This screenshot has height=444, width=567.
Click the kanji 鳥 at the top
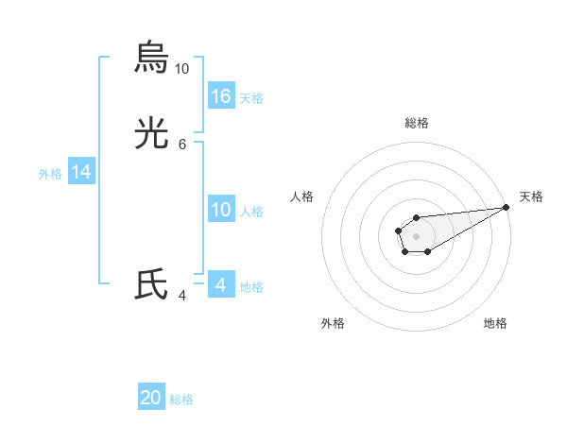pos(151,57)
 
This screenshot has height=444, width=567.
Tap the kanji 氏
pos(151,285)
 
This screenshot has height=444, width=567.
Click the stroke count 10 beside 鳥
pos(181,69)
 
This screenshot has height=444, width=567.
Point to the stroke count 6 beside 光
pos(182,145)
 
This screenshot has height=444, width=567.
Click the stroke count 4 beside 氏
pos(182,296)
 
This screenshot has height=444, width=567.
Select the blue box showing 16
pos(221,95)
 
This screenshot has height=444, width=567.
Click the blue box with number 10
pos(221,210)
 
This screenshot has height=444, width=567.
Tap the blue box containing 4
pos(221,285)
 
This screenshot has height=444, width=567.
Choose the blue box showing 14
pos(81,172)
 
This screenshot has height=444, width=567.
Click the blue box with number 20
pos(151,398)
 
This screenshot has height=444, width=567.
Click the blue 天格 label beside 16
pos(251,97)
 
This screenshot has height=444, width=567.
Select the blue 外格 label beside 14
pos(50,174)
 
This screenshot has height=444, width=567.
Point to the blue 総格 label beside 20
pos(181,400)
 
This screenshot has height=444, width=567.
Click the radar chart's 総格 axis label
pos(417,123)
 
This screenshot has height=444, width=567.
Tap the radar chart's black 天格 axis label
pos(532,196)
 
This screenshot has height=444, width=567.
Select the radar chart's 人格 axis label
pos(301,196)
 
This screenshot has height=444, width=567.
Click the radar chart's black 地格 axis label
pos(495,323)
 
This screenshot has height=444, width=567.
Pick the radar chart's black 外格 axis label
pos(333,323)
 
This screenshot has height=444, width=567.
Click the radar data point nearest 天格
pos(506,207)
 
